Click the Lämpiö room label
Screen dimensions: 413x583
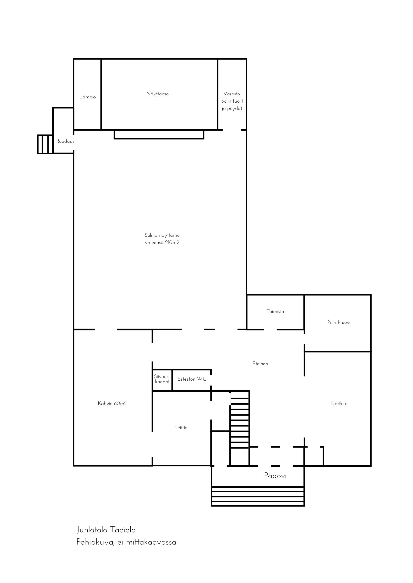point(88,97)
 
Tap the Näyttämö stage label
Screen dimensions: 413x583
point(157,94)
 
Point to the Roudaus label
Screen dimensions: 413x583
point(65,141)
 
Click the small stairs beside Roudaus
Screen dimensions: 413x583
point(45,144)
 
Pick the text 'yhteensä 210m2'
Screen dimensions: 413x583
point(162,243)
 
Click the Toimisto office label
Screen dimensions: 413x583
point(275,311)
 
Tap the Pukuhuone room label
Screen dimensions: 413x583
point(339,323)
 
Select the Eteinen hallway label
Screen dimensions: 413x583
point(260,364)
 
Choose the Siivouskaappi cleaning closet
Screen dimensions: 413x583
point(162,379)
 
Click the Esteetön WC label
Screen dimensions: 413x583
point(192,379)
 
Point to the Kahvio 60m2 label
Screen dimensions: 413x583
point(112,403)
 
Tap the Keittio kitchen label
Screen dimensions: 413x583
point(181,428)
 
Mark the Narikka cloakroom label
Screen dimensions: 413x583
point(339,403)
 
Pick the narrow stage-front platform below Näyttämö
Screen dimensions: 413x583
point(159,135)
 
